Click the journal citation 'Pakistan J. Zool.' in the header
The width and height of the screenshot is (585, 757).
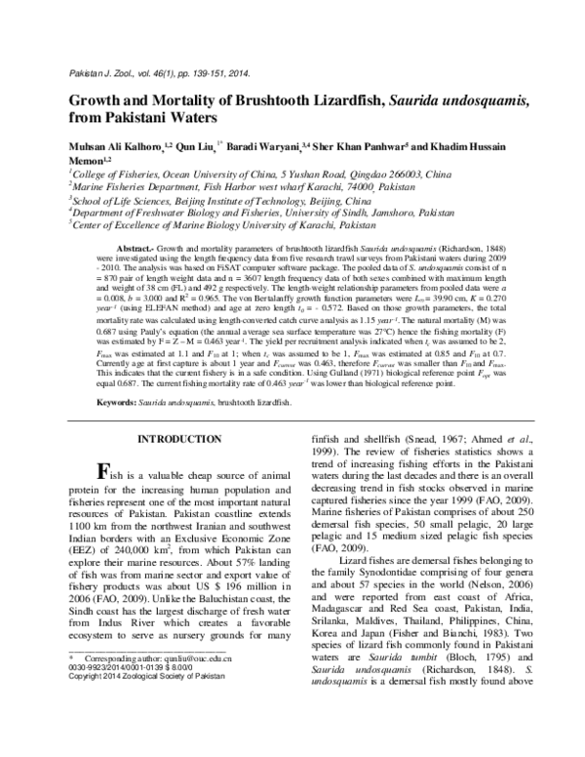[97, 74]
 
